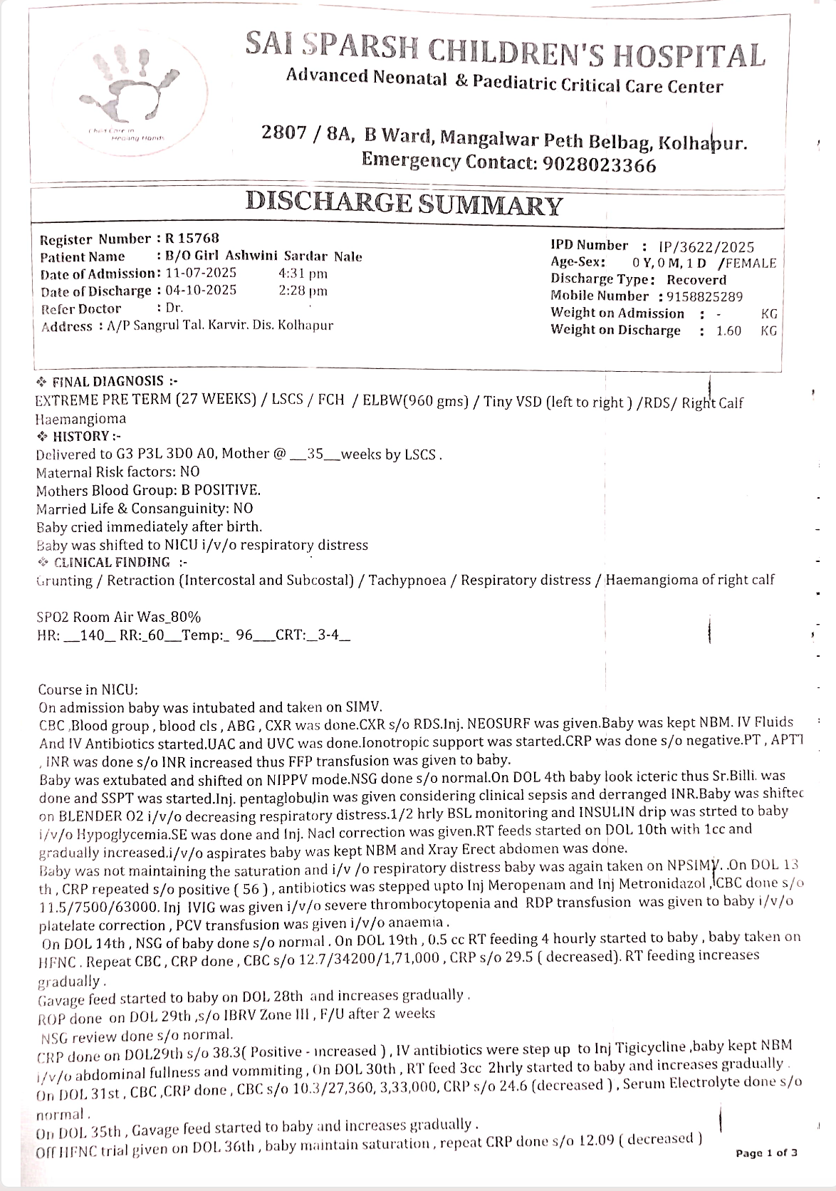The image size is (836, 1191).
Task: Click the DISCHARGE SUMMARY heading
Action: coord(404,204)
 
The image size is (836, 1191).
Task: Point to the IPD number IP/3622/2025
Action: coord(706,247)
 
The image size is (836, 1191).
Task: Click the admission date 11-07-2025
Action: coord(201,273)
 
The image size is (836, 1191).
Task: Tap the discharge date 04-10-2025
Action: coord(201,291)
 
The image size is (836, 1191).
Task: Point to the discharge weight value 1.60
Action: coord(728,331)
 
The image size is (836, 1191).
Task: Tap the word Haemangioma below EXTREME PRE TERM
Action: coord(80,419)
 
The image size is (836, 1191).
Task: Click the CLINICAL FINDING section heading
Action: coord(112,562)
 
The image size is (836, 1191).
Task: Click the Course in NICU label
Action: coord(88,690)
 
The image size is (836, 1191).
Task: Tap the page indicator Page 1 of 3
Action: coord(766,1153)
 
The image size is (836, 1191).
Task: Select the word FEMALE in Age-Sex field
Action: coord(751,263)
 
